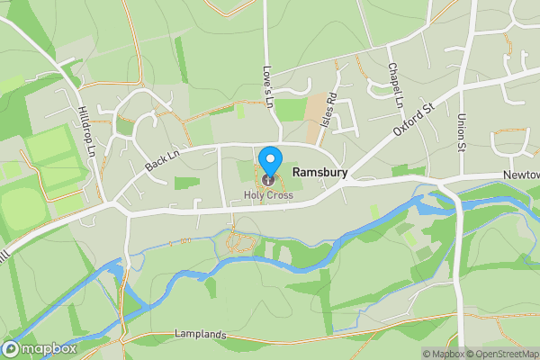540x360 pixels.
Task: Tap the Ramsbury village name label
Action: point(321,172)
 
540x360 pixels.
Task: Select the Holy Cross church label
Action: point(268,195)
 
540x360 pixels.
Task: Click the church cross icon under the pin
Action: point(269,181)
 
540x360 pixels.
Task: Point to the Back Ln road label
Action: point(162,160)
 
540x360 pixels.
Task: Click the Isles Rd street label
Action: point(330,109)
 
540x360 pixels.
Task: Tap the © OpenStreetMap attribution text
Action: point(504,354)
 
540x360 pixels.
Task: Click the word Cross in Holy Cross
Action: point(279,195)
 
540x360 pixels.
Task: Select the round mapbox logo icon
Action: point(11,349)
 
